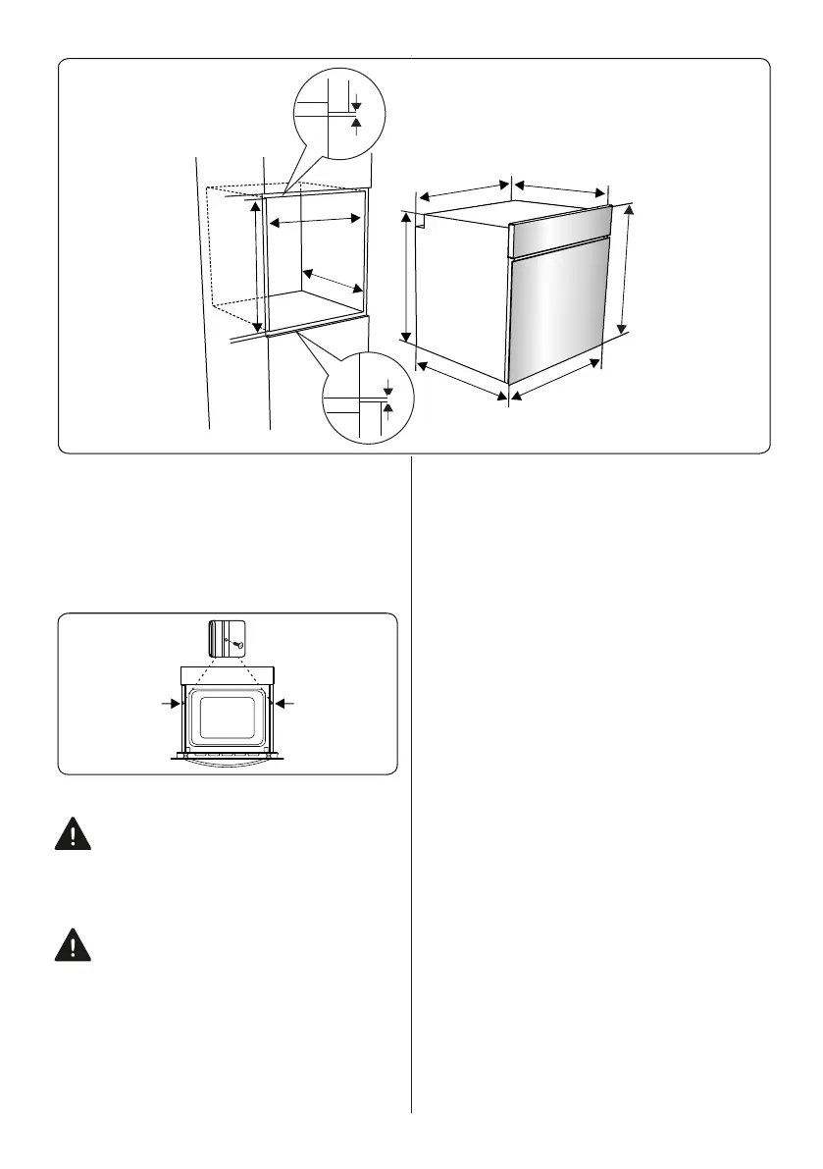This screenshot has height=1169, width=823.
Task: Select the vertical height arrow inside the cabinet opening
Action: (x=257, y=265)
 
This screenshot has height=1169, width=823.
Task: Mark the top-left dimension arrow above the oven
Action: (x=462, y=191)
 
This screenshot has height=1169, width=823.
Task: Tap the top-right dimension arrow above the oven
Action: (x=560, y=187)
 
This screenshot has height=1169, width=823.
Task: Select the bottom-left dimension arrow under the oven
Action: (x=462, y=380)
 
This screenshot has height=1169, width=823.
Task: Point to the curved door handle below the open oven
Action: (x=227, y=762)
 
